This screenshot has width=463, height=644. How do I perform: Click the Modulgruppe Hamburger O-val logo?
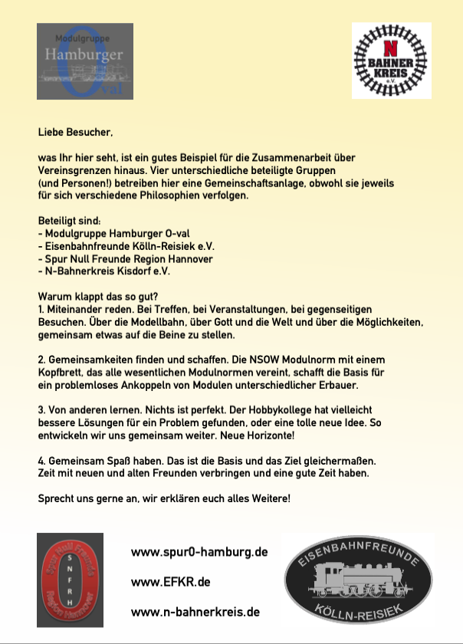[85, 61]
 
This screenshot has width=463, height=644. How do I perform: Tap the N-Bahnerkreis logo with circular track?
[391, 61]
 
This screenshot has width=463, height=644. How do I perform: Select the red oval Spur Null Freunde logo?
[71, 580]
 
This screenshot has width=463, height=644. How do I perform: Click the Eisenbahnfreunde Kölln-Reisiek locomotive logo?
[358, 580]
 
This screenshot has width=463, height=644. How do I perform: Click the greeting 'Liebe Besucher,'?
[75, 133]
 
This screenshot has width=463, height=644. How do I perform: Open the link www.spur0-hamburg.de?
[199, 552]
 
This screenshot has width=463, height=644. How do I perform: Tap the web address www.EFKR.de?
[171, 582]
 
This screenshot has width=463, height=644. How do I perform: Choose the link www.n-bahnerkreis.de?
[195, 612]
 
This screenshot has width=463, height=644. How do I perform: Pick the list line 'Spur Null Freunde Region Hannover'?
[126, 259]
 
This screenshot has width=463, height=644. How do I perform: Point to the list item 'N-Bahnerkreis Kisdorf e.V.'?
[104, 271]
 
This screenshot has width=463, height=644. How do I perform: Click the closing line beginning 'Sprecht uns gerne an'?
[164, 498]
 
